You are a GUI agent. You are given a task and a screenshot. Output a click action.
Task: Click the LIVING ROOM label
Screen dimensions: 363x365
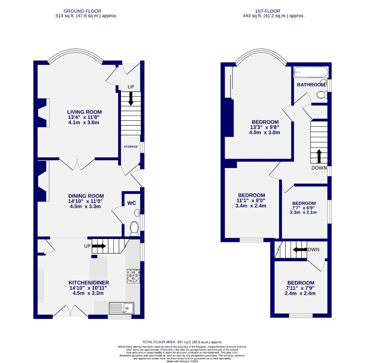pos(84,112)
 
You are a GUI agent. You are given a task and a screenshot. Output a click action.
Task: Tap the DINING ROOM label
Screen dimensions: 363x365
pos(86,196)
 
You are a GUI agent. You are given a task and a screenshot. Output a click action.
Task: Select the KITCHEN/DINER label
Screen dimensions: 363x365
pos(89,283)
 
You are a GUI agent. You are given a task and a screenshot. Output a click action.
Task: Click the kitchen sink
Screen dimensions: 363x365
pos(121,308)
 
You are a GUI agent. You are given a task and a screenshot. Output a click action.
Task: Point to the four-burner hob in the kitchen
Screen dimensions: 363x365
pos(133,276)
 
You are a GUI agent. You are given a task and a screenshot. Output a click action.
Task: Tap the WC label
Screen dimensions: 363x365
pos(131,203)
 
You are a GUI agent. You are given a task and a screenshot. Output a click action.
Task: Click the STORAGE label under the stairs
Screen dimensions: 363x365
pos(131,147)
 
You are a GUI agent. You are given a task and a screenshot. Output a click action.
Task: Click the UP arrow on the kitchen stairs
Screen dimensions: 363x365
pos(99,246)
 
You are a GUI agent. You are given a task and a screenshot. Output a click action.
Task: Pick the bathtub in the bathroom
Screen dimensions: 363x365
pos(311,72)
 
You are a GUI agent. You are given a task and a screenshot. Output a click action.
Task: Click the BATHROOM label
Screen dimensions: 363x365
pos(311,85)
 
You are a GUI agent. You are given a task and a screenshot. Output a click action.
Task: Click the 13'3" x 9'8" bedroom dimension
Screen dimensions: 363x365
pos(265,127)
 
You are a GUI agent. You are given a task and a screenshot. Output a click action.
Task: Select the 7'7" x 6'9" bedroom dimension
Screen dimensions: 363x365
pos(304,208)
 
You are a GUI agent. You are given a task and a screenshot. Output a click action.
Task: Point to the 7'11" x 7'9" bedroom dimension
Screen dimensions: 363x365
pos(300,288)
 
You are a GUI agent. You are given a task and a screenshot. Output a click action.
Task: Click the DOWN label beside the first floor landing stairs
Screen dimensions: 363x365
pos(319,168)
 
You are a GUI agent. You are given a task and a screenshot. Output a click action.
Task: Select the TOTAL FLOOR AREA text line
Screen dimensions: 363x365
pos(182,342)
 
